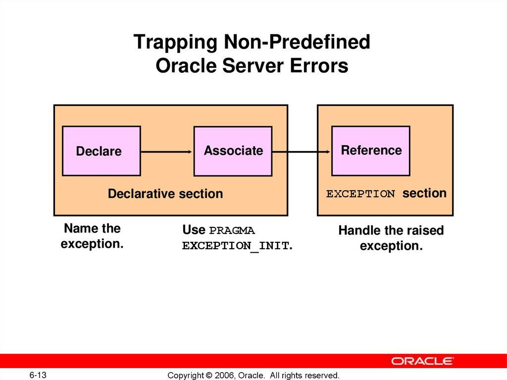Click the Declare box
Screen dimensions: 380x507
[101, 151]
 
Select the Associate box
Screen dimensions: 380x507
[233, 151]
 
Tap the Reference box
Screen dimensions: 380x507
[370, 151]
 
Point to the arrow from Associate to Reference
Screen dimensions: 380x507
[302, 152]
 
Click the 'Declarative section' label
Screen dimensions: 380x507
[165, 194]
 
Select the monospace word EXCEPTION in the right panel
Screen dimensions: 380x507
[360, 194]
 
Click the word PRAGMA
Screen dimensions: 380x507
[232, 231]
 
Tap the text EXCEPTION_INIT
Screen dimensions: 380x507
[236, 246]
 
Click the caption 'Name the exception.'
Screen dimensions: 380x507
[92, 236]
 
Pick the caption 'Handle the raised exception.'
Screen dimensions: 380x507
[391, 238]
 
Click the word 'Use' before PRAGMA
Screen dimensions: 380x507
[193, 230]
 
